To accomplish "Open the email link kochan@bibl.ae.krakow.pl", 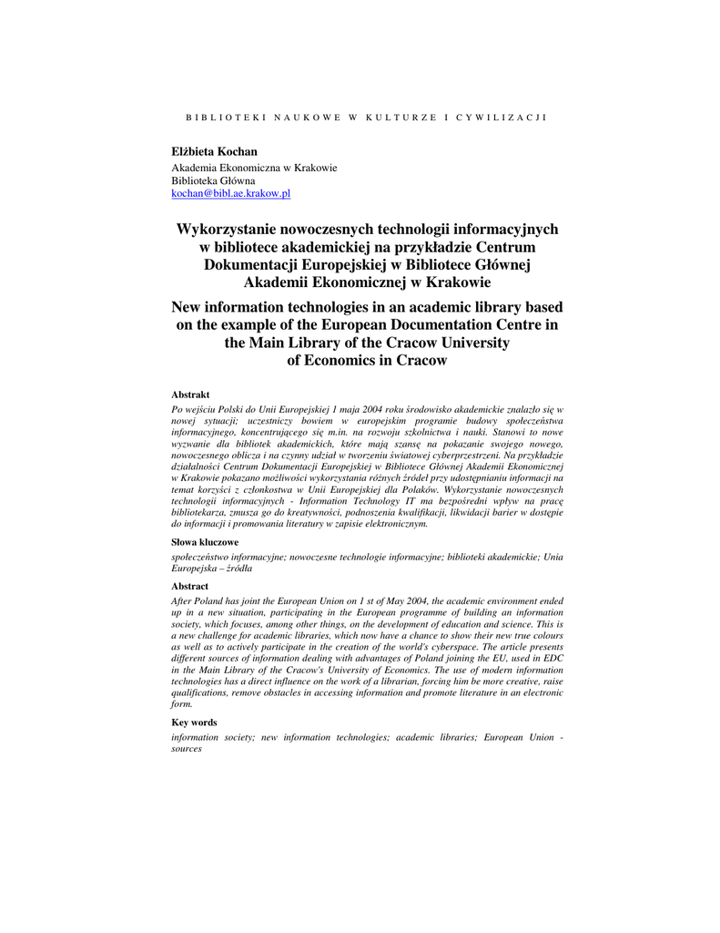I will (x=231, y=193).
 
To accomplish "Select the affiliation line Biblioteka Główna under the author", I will (x=214, y=180).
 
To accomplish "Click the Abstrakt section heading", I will (x=191, y=395).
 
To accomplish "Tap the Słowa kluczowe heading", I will (x=206, y=541).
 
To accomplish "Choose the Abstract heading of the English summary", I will (x=190, y=586).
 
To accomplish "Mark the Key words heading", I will (x=195, y=722).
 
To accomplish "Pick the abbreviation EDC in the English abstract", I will (x=551, y=657).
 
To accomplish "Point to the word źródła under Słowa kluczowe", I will (x=238, y=567).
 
